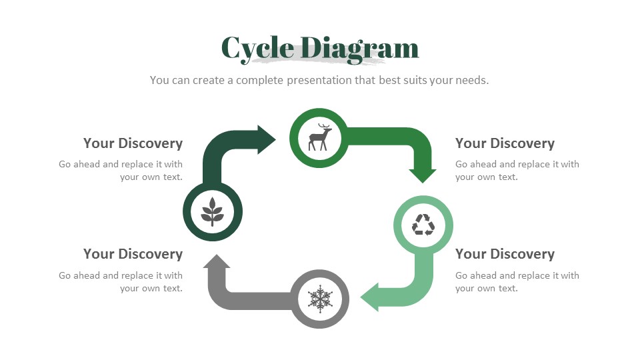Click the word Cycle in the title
coord(257,48)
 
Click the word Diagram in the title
coord(360,48)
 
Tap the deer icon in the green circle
coord(319,137)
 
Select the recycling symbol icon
coord(423,225)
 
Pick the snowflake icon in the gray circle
coord(320,299)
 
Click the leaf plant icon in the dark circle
coord(212,212)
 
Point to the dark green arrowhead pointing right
coord(265,139)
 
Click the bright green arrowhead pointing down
coord(423,175)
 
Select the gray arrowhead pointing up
coord(216,262)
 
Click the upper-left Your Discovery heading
coord(133,143)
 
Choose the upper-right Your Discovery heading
coord(505,143)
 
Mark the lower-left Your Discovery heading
coord(133,254)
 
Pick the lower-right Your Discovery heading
coord(505,254)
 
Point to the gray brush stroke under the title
coord(320,61)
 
